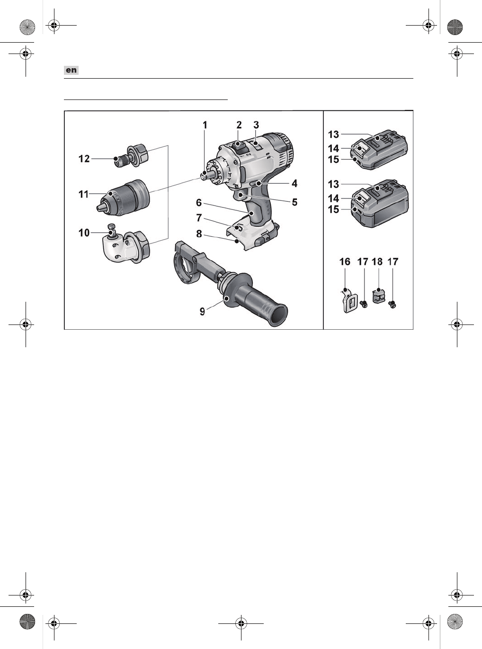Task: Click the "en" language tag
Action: tap(71, 70)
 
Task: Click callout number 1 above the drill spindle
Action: tap(205, 125)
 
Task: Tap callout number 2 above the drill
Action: tap(239, 125)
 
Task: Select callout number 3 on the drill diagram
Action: tap(256, 125)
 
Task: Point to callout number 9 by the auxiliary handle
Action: tap(202, 311)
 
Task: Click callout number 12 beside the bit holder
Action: tap(84, 159)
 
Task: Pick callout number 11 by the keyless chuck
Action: tap(84, 194)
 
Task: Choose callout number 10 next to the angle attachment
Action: tap(84, 233)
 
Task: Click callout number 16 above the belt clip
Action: tap(345, 261)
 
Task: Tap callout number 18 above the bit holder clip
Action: tap(377, 261)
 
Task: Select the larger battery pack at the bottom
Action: tap(381, 205)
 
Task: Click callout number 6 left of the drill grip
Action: tap(199, 203)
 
